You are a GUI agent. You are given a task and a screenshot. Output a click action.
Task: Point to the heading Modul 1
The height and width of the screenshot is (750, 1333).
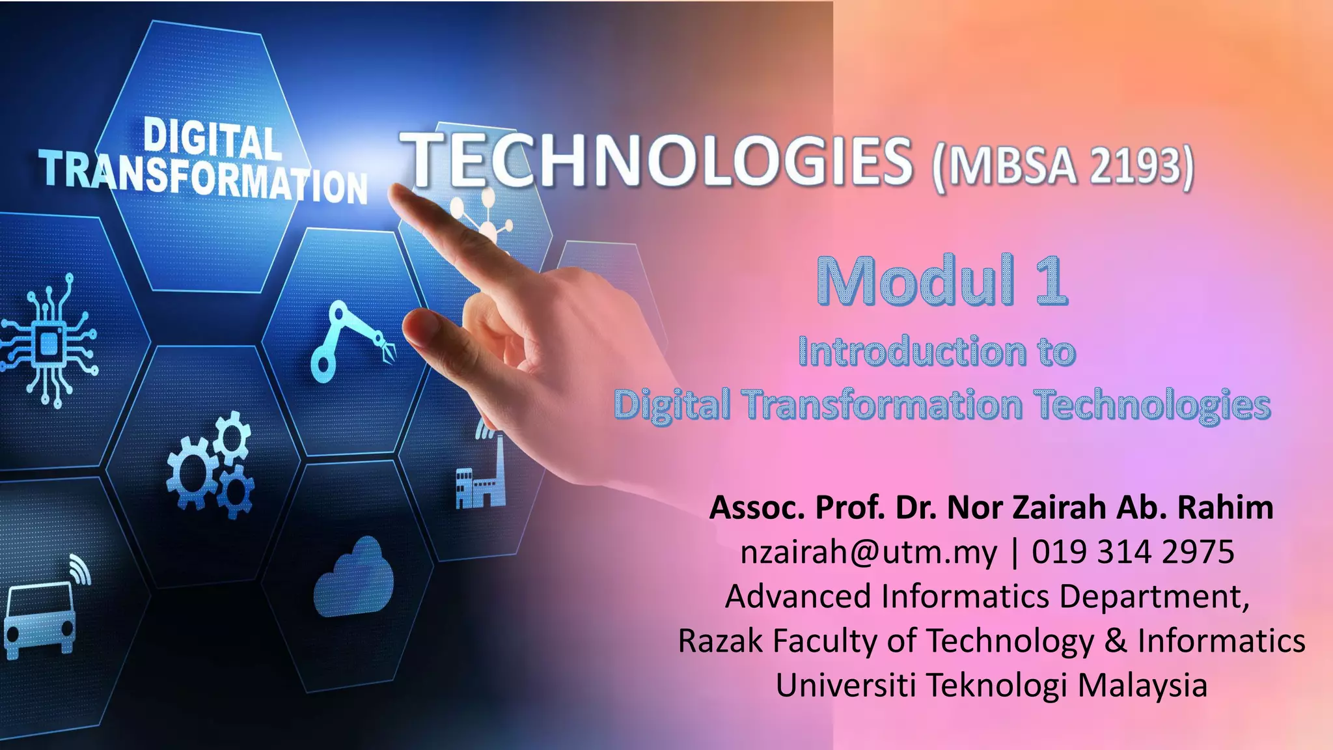(x=942, y=281)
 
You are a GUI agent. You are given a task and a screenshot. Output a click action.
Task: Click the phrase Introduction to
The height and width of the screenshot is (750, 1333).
(x=937, y=352)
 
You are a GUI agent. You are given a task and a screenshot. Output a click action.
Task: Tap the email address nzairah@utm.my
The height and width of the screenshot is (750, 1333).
(x=868, y=552)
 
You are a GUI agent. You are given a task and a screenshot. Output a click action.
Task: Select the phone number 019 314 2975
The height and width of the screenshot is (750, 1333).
(x=1133, y=552)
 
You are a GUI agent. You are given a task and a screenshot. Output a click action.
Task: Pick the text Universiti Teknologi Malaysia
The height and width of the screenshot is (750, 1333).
(x=991, y=685)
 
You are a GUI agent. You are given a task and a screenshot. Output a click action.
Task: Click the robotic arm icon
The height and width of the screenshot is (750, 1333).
(x=351, y=340)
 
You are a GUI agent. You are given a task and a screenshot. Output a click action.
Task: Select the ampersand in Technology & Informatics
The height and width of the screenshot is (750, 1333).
(x=1115, y=641)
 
